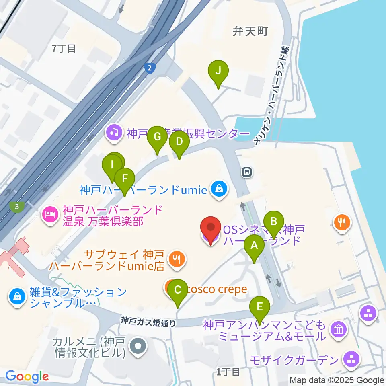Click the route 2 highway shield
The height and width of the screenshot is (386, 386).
150,69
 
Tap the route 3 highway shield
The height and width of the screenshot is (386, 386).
16,207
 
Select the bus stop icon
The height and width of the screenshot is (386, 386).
246,172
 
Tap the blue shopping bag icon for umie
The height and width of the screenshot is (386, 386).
219,189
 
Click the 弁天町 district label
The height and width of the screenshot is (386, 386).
250,31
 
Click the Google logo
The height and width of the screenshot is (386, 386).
27,376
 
